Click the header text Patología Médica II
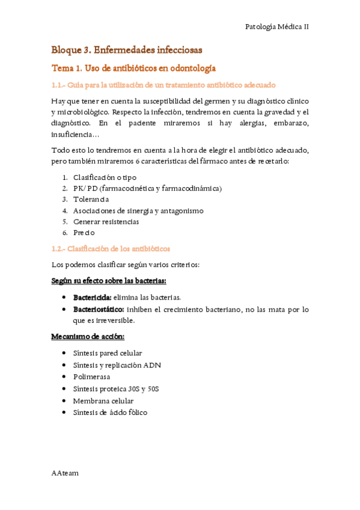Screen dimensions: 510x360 277,27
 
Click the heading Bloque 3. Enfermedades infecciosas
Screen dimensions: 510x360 126,49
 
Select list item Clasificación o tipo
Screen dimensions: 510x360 105,177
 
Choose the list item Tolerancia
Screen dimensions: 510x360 91,199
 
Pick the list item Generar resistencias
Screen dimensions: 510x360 106,221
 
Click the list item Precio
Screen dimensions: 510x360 84,232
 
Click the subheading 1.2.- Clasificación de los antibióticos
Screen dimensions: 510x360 111,248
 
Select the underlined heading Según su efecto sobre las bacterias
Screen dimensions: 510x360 108,281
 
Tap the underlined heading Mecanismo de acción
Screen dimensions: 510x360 88,336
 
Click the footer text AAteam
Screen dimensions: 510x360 65,473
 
